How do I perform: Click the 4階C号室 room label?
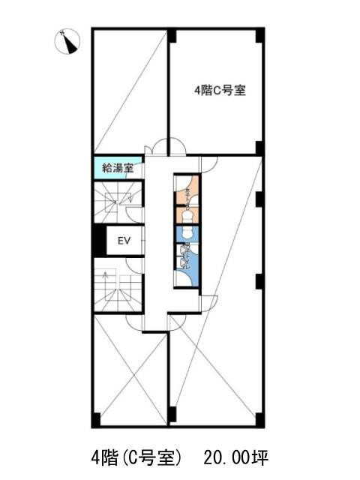click(220, 91)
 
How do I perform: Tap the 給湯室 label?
click(116, 168)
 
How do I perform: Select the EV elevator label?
click(124, 241)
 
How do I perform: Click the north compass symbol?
click(67, 42)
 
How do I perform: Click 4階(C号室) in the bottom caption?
click(132, 456)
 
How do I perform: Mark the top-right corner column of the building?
click(259, 34)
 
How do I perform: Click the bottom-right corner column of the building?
click(259, 418)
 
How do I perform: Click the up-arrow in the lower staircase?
click(106, 277)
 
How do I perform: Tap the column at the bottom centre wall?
click(172, 414)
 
